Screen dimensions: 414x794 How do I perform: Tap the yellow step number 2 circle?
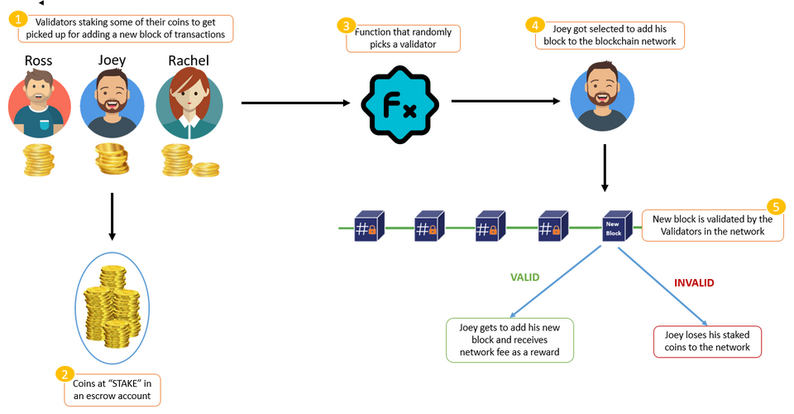pos(64,373)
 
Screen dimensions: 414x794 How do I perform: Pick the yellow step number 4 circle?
pos(534,25)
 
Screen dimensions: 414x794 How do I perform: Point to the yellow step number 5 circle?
pos(776,207)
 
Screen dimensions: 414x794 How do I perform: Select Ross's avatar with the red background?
pos(40,103)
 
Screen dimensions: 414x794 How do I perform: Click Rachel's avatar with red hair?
pos(189,103)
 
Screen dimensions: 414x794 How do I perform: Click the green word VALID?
pos(524,277)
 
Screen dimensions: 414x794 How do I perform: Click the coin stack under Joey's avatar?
pos(112,159)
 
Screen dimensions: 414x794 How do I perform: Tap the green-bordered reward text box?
pos(509,339)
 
